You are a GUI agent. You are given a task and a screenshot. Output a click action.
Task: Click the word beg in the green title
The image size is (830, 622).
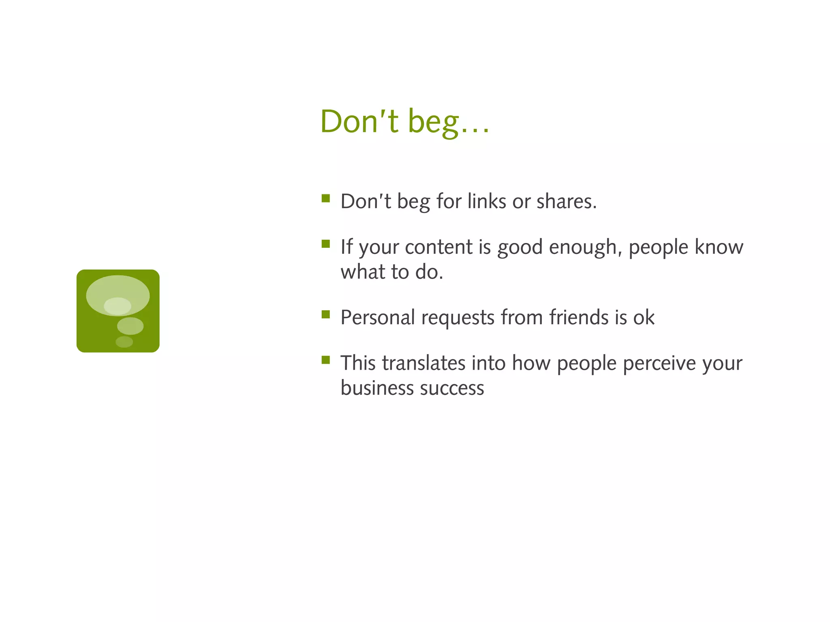pos(433,122)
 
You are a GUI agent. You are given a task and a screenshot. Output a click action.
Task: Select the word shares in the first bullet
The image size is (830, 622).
pos(566,201)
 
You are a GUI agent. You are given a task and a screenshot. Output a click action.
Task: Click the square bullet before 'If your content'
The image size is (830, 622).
pos(325,244)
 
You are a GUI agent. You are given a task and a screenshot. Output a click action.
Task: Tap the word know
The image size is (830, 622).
pos(719,247)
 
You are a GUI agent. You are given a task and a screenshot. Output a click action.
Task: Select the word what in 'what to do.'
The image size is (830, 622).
pos(362,272)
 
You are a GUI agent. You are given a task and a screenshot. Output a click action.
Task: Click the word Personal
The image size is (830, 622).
pos(377,317)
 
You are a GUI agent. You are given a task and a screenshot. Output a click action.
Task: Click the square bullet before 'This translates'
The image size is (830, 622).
pos(325,360)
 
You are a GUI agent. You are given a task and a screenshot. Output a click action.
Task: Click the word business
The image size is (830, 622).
pos(377,388)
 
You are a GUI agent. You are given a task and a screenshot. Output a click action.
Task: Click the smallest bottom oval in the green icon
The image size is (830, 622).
pos(124,342)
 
